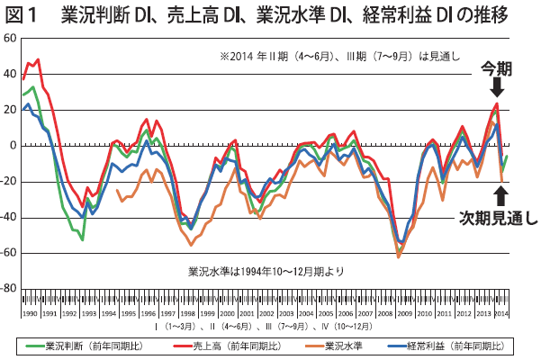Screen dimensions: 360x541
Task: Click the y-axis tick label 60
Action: [10, 39]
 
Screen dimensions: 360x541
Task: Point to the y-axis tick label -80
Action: [8, 288]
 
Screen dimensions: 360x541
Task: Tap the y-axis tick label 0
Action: [13, 146]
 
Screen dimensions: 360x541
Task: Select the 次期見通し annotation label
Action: [498, 217]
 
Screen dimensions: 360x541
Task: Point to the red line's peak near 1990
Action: [37, 59]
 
